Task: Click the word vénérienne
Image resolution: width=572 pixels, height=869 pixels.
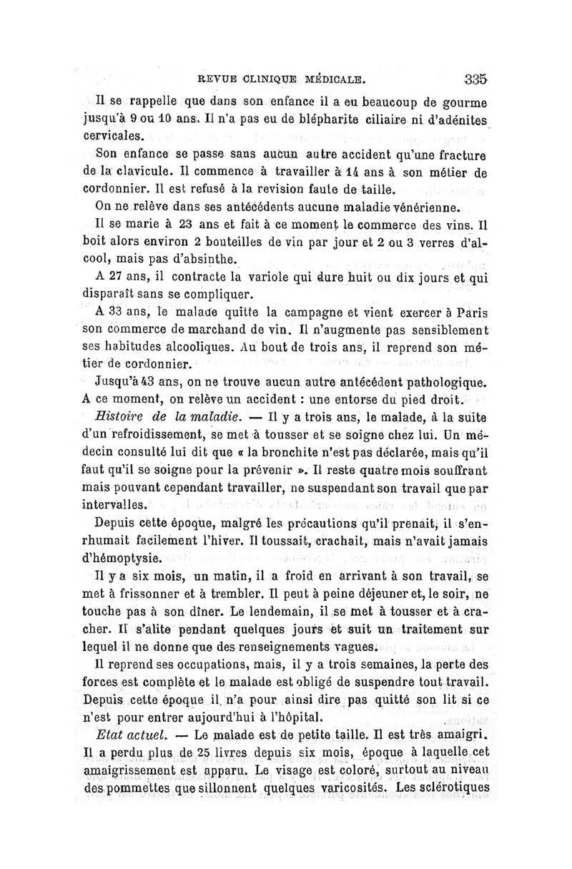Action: tap(413, 207)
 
